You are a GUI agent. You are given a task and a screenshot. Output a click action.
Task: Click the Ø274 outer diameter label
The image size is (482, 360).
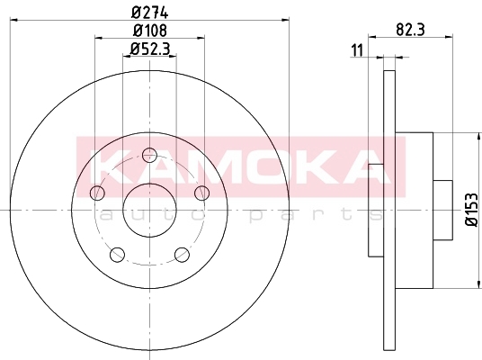[x=150, y=13]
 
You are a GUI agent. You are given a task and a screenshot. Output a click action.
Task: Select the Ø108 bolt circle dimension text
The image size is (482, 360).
[x=150, y=31]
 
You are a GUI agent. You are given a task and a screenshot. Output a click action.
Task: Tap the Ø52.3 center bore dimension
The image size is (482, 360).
[x=150, y=49]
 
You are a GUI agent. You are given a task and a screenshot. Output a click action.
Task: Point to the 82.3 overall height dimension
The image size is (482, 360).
[x=410, y=30]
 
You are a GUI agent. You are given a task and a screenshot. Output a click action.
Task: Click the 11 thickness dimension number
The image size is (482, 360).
[x=357, y=50]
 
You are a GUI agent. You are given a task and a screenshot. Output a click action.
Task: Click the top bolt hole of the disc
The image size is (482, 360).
[x=149, y=156]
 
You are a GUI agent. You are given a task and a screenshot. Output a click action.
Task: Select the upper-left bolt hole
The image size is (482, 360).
[x=97, y=193]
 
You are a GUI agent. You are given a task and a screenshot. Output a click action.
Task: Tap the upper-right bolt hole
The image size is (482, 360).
[x=202, y=193]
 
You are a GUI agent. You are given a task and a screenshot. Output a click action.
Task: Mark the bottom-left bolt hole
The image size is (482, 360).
[x=117, y=255]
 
